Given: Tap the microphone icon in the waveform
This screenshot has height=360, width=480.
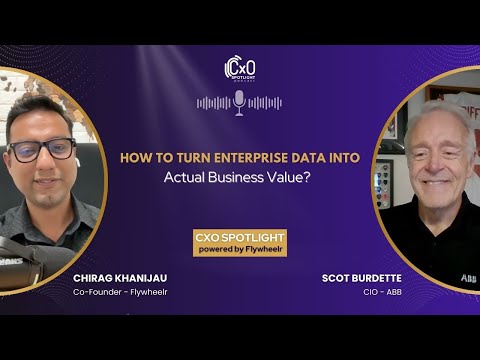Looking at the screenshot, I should [239, 101].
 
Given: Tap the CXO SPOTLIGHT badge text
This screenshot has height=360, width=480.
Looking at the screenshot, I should [240, 238].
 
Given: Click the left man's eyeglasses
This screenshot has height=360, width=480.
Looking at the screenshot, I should [43, 151].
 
